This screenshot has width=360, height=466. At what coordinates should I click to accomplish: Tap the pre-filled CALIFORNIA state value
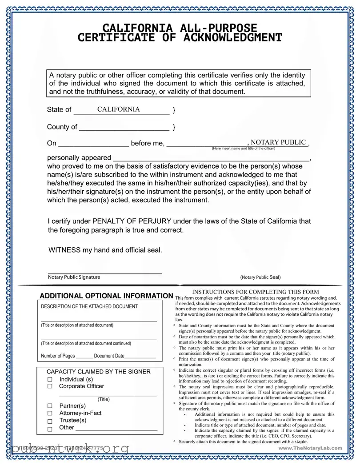coord(118,109)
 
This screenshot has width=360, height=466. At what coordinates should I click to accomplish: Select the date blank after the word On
coord(93,144)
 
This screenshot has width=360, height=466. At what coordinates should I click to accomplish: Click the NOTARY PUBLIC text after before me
coord(278,142)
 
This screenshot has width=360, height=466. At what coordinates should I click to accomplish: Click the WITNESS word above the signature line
coord(64,250)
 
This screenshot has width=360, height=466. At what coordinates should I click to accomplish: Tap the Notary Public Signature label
coord(74,277)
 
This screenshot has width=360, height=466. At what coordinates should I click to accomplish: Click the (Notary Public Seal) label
coord(260,277)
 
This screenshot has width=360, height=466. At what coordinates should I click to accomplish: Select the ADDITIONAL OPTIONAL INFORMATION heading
coord(106,296)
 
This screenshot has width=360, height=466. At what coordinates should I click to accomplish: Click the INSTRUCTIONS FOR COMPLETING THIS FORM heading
coord(256,292)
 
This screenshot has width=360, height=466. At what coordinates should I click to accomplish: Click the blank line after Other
coord(116,429)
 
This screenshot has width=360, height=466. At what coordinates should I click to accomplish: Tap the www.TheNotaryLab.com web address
coord(311,448)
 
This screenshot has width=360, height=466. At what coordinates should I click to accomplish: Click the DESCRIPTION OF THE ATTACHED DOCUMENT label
coord(89,306)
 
